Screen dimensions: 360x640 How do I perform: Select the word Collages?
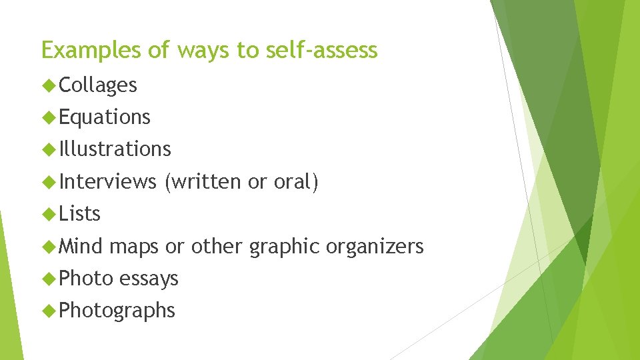point(98,85)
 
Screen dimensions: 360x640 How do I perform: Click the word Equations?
point(105,117)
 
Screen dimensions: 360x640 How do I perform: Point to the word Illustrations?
point(115,149)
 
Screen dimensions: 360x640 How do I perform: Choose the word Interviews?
point(107,181)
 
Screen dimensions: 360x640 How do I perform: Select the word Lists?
point(79,214)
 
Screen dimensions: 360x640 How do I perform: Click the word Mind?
point(81,246)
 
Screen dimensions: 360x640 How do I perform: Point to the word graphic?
point(285,247)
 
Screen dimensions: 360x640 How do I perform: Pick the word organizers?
point(375,247)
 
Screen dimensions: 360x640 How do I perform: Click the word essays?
point(149,278)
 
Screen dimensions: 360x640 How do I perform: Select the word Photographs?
point(117,311)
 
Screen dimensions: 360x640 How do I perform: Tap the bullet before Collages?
point(48,85)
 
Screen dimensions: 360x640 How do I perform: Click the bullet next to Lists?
point(48,214)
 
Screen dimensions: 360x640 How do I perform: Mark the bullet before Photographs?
point(48,311)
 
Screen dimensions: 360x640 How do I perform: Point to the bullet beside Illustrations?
point(48,149)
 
